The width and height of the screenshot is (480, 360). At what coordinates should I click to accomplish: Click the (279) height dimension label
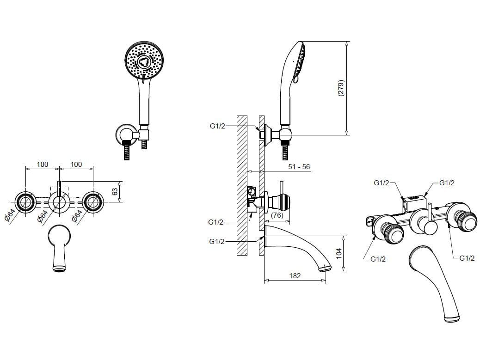(x=341, y=88)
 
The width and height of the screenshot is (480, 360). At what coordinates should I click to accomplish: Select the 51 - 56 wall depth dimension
(x=299, y=167)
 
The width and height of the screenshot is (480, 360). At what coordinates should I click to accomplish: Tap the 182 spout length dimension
(x=295, y=275)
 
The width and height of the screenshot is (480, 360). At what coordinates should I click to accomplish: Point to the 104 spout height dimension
(x=339, y=253)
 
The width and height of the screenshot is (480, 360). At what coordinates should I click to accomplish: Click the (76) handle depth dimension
(x=277, y=215)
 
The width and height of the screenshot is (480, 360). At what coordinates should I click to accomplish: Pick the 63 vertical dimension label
(x=115, y=192)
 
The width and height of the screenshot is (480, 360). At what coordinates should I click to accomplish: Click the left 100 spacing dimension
(x=43, y=164)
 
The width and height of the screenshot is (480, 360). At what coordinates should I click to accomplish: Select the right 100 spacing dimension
(x=76, y=164)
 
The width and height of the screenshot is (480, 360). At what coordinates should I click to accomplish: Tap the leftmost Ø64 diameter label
(x=10, y=215)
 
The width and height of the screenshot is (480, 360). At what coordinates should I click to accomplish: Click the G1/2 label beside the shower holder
(x=217, y=126)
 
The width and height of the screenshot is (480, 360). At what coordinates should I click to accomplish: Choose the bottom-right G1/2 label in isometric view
(x=467, y=258)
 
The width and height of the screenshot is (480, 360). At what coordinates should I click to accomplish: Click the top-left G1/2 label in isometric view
(x=382, y=183)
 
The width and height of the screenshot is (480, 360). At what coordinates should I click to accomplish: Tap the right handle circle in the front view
(x=93, y=201)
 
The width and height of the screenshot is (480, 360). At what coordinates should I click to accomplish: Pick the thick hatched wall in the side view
(x=242, y=185)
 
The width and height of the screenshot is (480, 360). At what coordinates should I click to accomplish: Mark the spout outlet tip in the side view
(x=325, y=268)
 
